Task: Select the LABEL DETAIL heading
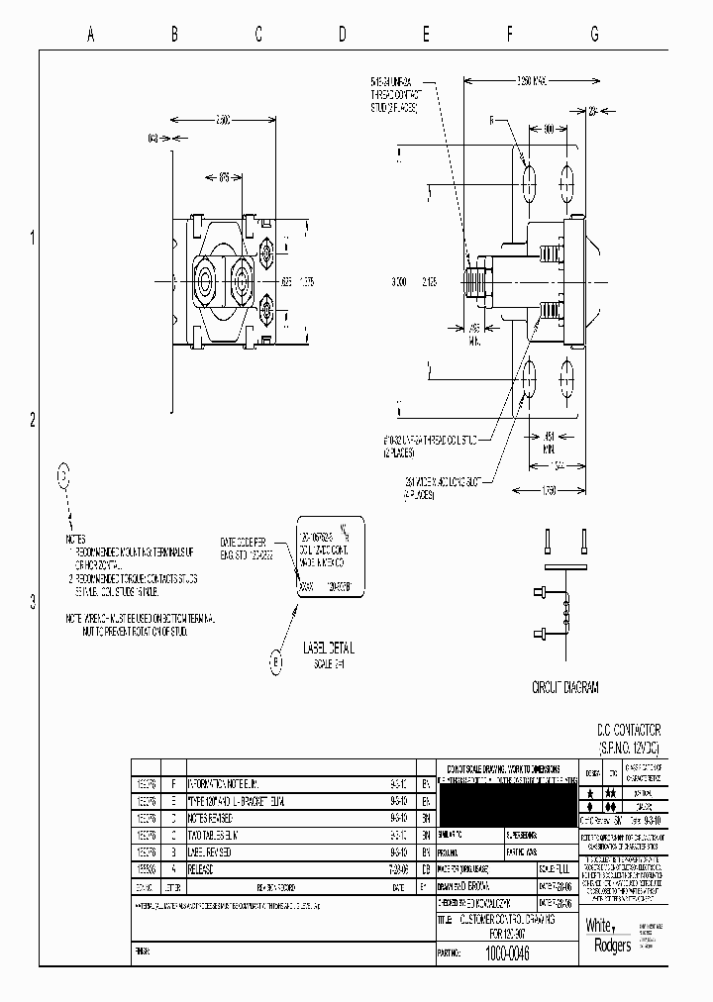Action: tap(327, 649)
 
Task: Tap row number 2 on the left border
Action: tap(32, 419)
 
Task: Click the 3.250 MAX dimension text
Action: tap(532, 80)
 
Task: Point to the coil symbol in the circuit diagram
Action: tap(567, 612)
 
